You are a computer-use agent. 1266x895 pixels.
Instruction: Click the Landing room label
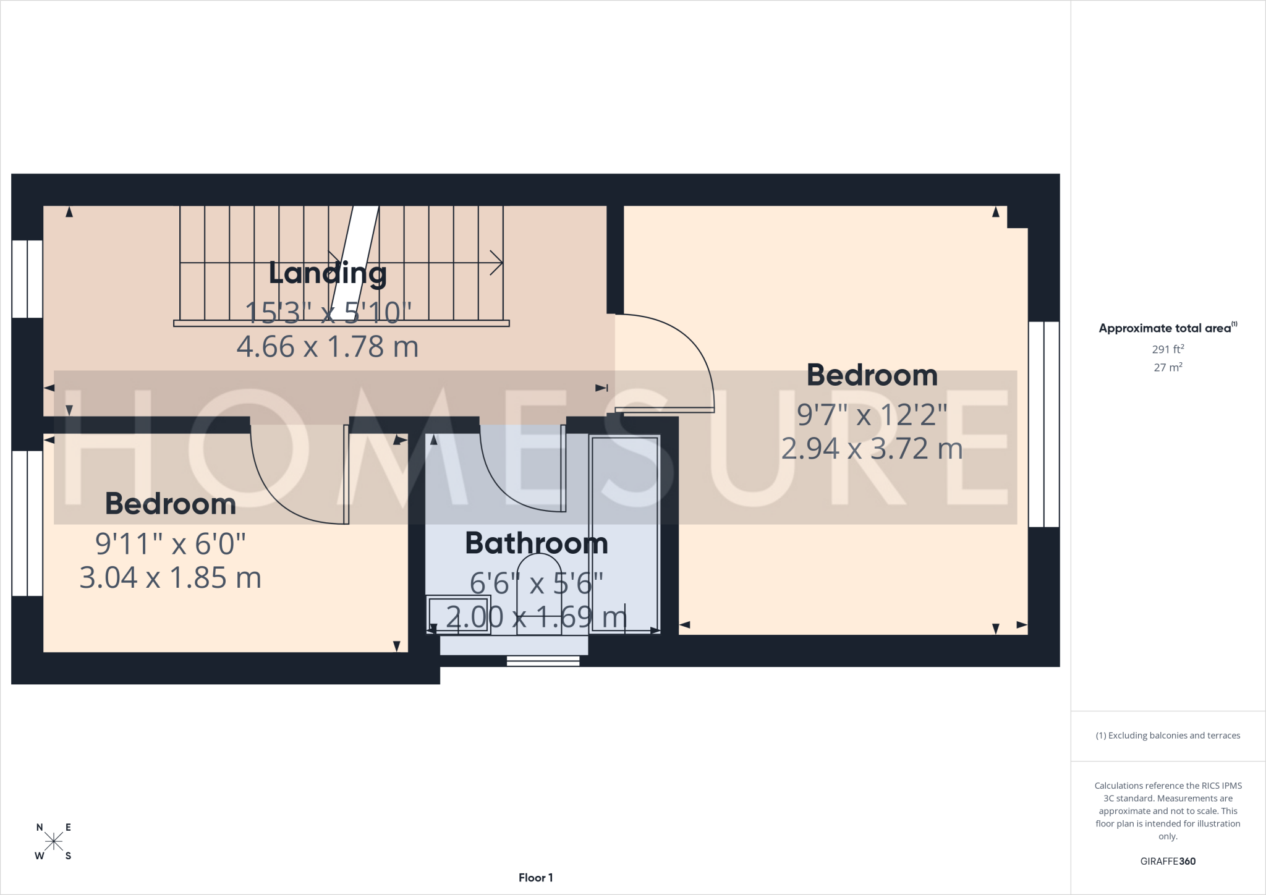point(328,274)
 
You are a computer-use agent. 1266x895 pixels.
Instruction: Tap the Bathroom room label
point(537,543)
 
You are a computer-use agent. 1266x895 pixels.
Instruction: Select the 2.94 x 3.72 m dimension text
point(872,449)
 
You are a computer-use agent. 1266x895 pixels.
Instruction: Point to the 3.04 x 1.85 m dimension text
point(171,578)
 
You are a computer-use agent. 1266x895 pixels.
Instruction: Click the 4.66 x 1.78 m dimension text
point(328,347)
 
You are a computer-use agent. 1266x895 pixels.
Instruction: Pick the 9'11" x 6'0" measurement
point(171,545)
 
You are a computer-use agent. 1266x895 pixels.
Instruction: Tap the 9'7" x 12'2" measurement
point(872,415)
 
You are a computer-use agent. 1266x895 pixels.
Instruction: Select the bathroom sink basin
point(459,615)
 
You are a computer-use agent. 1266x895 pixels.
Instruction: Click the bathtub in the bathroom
point(624,534)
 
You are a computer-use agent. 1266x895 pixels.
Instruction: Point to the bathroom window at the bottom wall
point(543,661)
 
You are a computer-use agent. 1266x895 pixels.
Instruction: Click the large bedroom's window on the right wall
point(1044,424)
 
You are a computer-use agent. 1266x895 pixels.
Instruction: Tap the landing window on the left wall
point(27,279)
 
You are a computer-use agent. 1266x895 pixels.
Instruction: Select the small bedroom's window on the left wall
point(27,524)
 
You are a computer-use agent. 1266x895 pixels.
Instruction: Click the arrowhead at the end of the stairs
point(496,263)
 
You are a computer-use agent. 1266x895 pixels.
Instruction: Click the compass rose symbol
point(54,841)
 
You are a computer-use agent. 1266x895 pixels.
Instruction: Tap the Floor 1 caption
point(536,878)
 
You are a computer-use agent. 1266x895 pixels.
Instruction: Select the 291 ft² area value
point(1168,349)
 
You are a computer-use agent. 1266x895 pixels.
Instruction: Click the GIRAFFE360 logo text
point(1168,861)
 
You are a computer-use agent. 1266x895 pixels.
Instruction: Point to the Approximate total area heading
point(1168,328)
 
